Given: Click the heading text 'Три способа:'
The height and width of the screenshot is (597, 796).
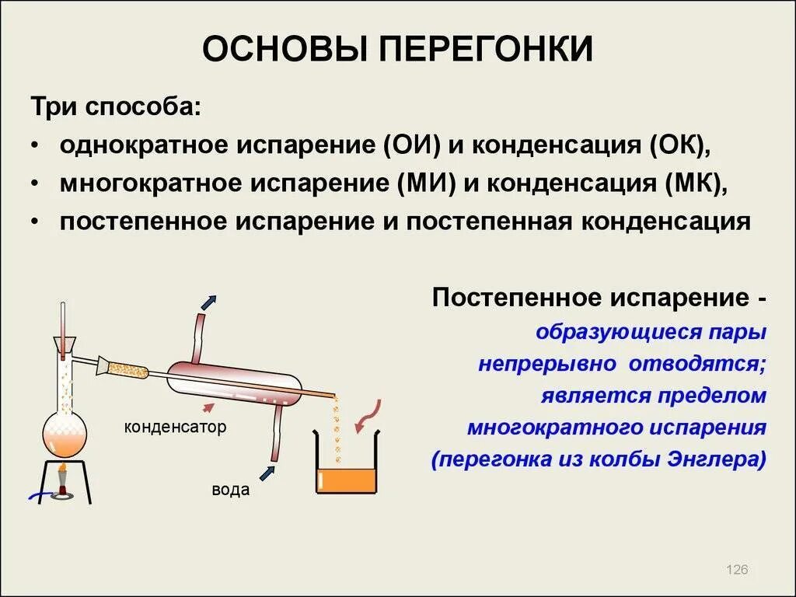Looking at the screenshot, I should pyautogui.click(x=115, y=107).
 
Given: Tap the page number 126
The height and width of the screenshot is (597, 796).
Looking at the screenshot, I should pyautogui.click(x=736, y=571).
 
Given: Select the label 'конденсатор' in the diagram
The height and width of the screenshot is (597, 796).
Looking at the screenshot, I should pyautogui.click(x=175, y=427).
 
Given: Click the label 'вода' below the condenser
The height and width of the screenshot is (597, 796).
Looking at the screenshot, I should pyautogui.click(x=231, y=490).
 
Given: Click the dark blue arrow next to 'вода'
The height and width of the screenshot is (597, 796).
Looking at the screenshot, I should pyautogui.click(x=267, y=472).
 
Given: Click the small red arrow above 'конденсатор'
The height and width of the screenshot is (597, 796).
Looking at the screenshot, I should pyautogui.click(x=208, y=407).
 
